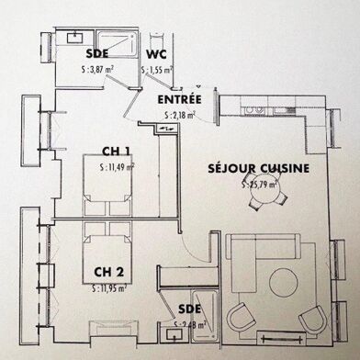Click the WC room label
click(x=158, y=53)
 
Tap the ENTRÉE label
click(x=180, y=98)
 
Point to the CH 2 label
click(x=108, y=273)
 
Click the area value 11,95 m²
click(x=110, y=288)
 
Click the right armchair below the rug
click(x=312, y=319)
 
